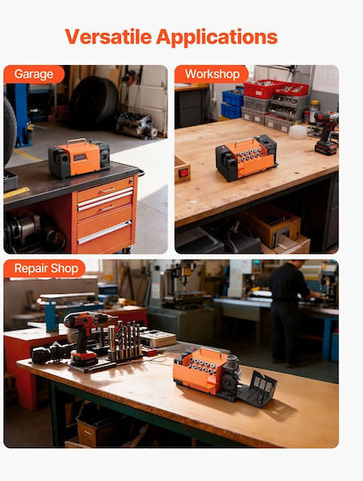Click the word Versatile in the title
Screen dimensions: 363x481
(x=109, y=37)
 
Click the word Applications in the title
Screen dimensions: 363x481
(x=217, y=37)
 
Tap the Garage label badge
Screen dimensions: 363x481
(x=34, y=74)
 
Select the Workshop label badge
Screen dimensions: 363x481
(x=212, y=74)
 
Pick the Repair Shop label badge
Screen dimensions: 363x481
(x=44, y=268)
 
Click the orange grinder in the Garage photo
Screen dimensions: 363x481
(x=79, y=158)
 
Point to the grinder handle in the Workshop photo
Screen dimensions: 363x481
(x=244, y=142)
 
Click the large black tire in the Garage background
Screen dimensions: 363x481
(x=93, y=102)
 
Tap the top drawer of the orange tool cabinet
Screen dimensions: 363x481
(x=105, y=189)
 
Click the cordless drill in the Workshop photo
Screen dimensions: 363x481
(x=327, y=133)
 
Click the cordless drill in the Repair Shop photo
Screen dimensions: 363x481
(x=86, y=338)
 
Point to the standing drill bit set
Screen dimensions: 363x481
(x=125, y=340)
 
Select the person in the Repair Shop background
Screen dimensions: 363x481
(x=290, y=313)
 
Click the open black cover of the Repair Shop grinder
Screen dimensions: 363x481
(x=258, y=388)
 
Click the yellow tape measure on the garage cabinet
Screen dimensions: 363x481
(x=16, y=192)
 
